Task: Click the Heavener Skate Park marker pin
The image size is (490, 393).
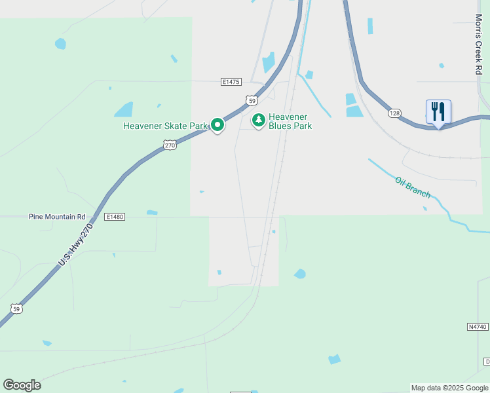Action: click(x=217, y=124)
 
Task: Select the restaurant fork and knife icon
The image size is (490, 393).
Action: click(x=438, y=111)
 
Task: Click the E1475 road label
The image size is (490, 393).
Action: click(x=231, y=82)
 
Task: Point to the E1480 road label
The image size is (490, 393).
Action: click(x=114, y=216)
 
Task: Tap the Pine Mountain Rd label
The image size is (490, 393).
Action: click(x=57, y=216)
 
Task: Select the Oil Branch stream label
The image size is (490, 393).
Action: click(x=413, y=187)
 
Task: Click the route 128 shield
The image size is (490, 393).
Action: click(x=394, y=113)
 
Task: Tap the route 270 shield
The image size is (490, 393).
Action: click(x=170, y=145)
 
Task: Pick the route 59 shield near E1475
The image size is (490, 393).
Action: click(x=252, y=100)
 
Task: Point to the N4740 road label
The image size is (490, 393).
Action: click(x=478, y=326)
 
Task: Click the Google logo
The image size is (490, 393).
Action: click(x=22, y=385)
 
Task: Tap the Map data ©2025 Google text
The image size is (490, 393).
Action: click(x=449, y=388)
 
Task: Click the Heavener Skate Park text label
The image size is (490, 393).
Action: click(x=165, y=126)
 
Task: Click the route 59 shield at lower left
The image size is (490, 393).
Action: click(x=16, y=308)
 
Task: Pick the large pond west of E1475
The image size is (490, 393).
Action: click(x=124, y=109)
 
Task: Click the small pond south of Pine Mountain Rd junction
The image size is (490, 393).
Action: click(x=152, y=212)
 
